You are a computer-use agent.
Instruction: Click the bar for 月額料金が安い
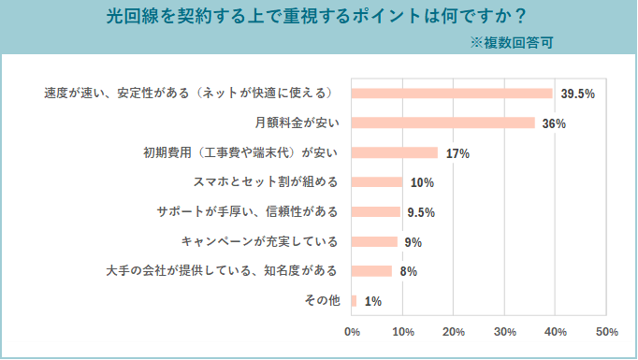[x=442, y=123]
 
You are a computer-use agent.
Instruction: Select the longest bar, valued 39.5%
[x=452, y=94]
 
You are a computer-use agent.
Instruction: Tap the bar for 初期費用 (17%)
[x=394, y=152]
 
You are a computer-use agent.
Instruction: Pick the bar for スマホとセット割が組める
[x=376, y=182]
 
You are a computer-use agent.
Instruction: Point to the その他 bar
[x=354, y=301]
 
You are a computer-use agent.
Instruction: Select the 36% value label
[x=554, y=123]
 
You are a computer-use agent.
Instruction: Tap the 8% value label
[x=408, y=272]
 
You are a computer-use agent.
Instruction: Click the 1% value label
[x=372, y=301]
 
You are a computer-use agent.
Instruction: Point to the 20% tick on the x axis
[x=454, y=331]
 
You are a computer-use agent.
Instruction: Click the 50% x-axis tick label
[x=606, y=331]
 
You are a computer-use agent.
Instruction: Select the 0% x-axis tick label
[x=353, y=331]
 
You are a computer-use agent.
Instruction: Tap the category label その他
[x=322, y=301]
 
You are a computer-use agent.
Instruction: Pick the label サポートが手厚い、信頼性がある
[x=247, y=212]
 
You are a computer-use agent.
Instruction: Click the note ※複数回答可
[x=511, y=42]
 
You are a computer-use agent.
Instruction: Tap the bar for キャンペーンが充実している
[x=374, y=242]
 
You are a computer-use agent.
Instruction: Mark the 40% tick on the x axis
[x=556, y=331]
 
